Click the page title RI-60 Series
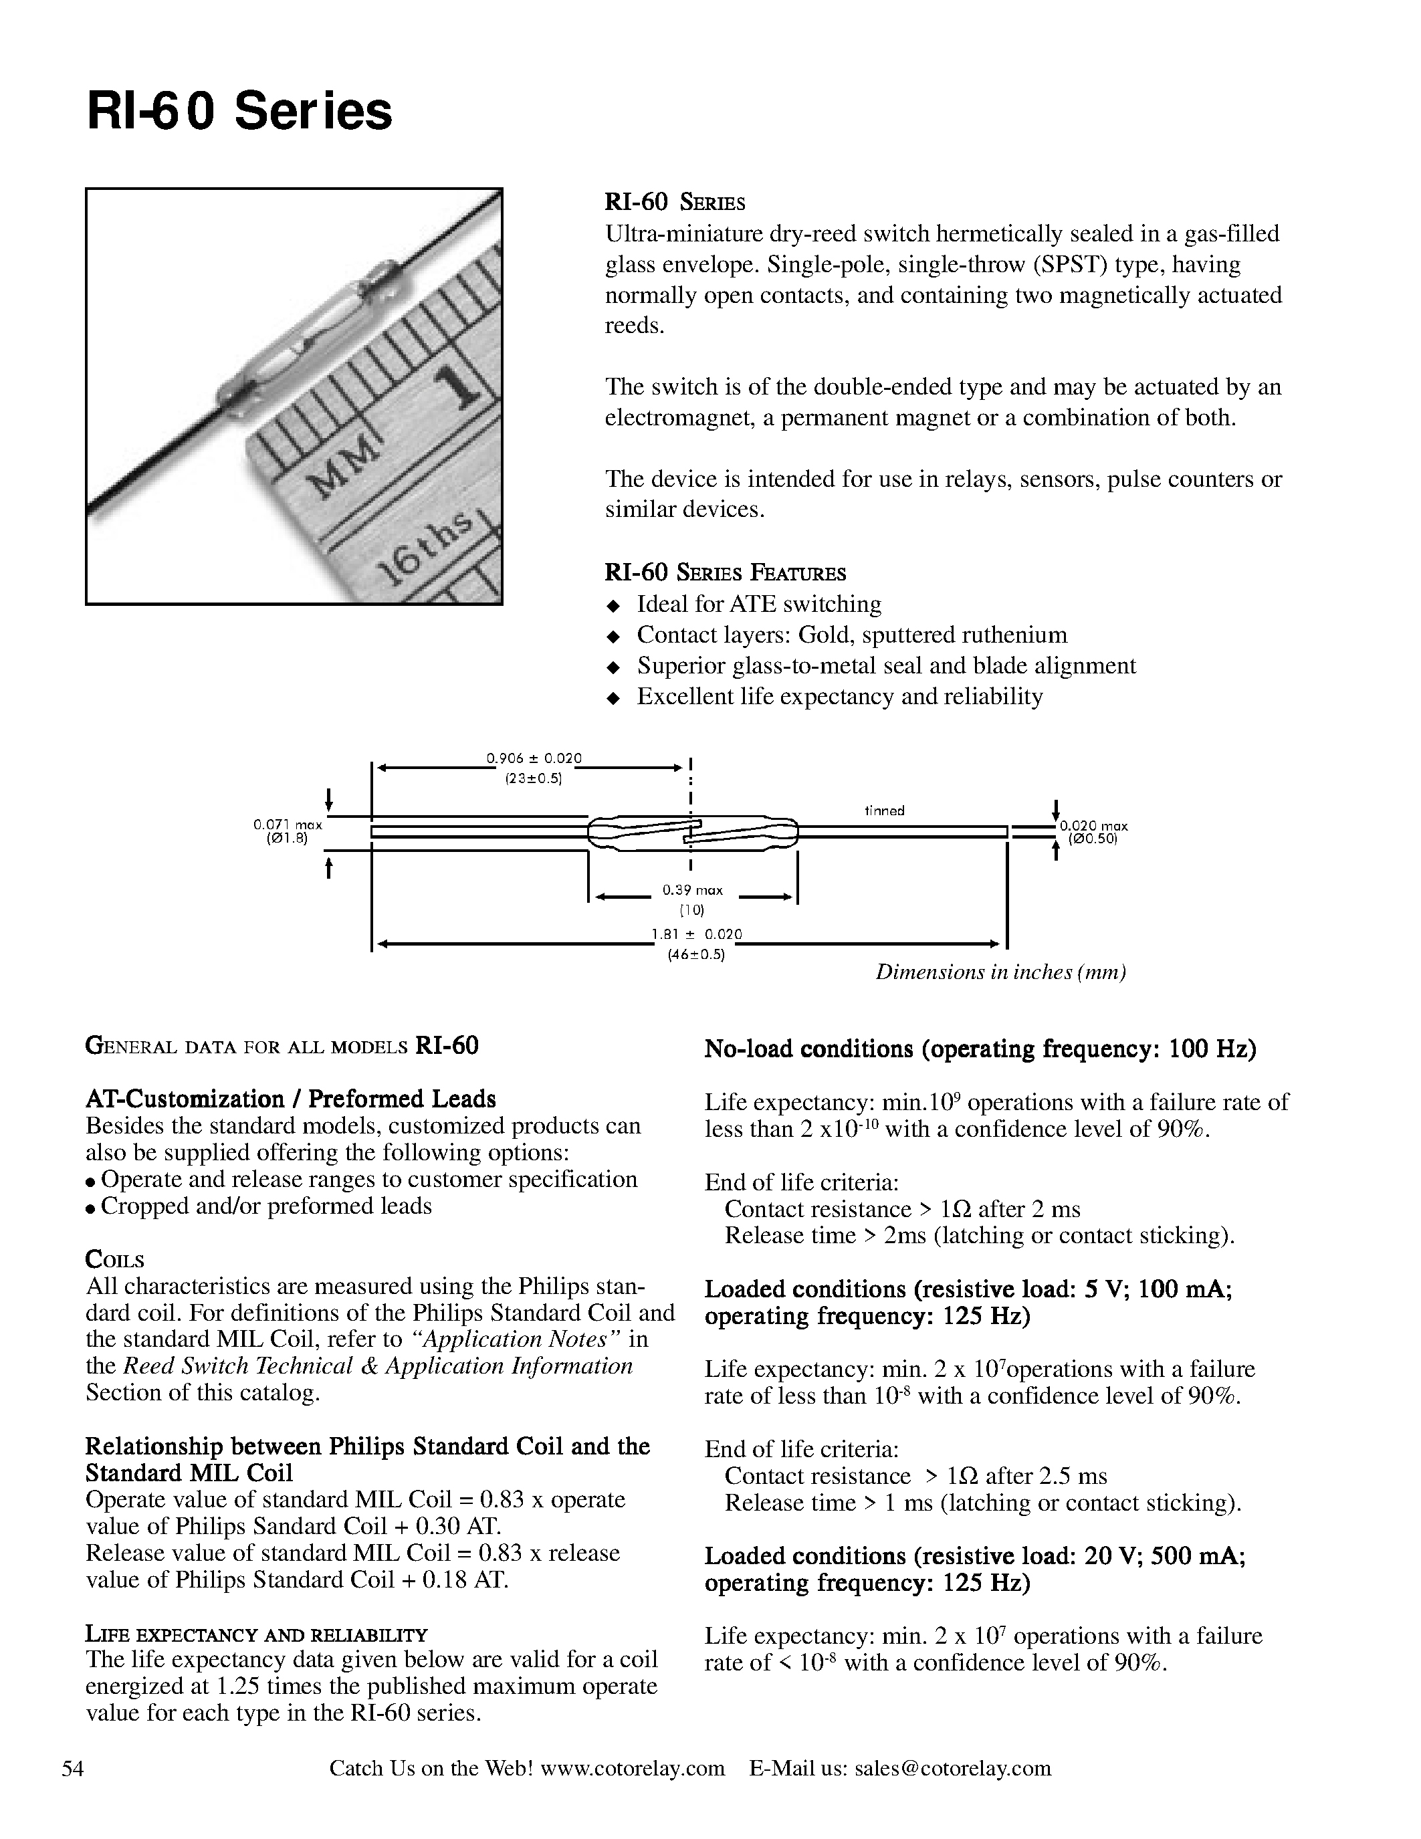coord(239,112)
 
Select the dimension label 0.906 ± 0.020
coord(534,758)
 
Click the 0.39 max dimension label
coord(692,890)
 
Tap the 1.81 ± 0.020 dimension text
coord(696,934)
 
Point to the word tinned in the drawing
coord(884,810)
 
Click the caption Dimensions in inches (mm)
coord(1000,972)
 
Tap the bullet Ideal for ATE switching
coord(758,604)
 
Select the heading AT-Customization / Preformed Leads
coord(290,1099)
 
